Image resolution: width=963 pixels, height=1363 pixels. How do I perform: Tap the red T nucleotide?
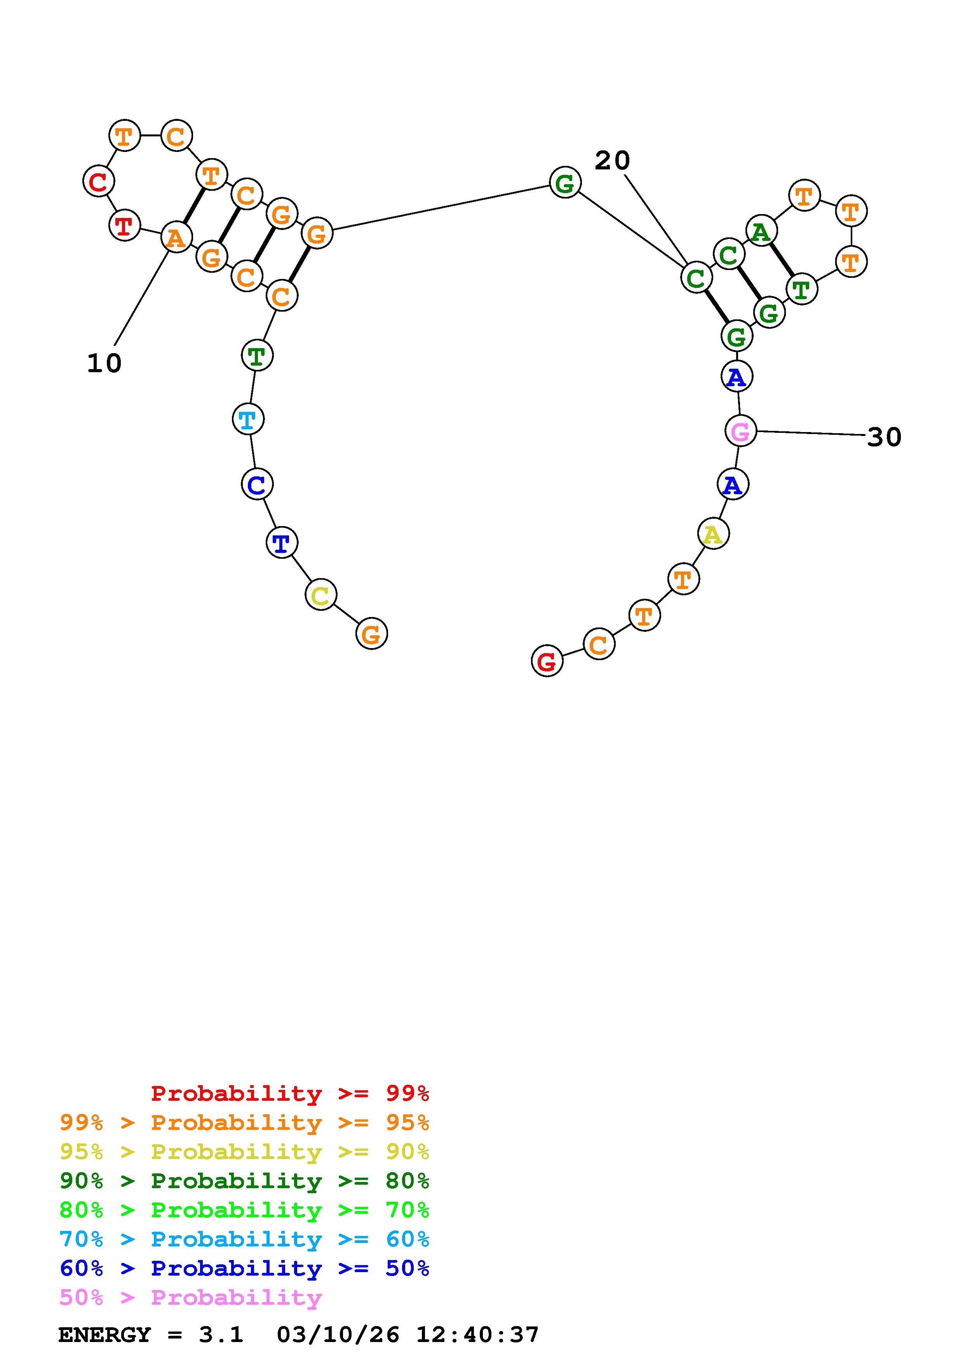point(124,226)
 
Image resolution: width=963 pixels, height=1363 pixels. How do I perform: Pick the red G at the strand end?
point(547,661)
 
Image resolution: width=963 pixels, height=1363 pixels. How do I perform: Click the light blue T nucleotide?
point(247,420)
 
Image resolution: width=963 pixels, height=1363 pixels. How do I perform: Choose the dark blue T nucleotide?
point(281,542)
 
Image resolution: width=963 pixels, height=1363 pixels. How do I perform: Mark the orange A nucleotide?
point(176,238)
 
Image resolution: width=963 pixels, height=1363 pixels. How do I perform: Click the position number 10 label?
point(104,363)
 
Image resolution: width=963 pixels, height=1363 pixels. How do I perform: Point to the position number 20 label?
point(612,160)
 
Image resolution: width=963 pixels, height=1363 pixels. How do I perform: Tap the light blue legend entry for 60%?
point(244,1239)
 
